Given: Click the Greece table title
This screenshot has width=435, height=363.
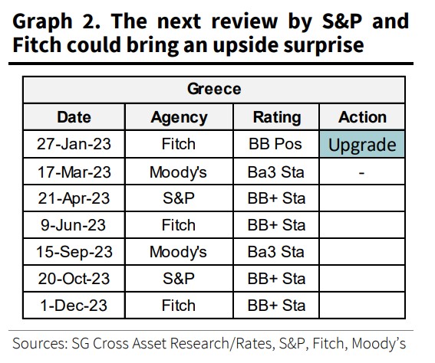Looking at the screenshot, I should (214, 89).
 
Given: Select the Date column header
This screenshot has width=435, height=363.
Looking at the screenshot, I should (74, 117).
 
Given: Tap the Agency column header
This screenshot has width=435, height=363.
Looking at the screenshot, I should (179, 117).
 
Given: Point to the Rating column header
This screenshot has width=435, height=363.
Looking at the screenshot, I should (277, 117).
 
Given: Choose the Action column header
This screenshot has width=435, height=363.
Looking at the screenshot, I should (362, 117).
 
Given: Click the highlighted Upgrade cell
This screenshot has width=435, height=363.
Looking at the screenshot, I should (362, 145).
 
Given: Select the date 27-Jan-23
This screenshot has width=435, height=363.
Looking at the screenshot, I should (74, 145).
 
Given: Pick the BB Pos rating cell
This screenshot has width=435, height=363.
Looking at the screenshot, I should (277, 145).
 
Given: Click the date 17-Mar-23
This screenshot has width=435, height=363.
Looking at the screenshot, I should (74, 172).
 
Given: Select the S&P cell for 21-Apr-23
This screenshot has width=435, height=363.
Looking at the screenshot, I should (179, 198).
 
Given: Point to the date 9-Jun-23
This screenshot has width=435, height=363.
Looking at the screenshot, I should (74, 225).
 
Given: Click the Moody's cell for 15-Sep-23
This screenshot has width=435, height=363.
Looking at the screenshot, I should (179, 252).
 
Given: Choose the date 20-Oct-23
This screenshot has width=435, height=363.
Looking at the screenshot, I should (74, 279).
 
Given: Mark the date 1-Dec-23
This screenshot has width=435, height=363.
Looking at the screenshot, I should (74, 306).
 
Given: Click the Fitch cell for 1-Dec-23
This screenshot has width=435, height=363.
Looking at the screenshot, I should (179, 306).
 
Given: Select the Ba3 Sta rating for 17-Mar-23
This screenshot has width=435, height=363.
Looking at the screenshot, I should (277, 172).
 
